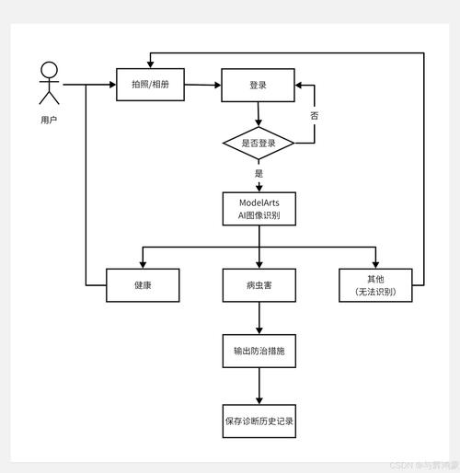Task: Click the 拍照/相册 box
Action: pyautogui.click(x=150, y=85)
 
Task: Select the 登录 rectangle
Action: pyautogui.click(x=258, y=85)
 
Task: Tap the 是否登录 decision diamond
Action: pyautogui.click(x=259, y=143)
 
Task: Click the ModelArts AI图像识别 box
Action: pyautogui.click(x=259, y=209)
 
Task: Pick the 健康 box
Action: pyautogui.click(x=143, y=285)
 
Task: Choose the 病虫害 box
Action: pyautogui.click(x=259, y=285)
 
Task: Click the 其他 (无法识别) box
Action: pyautogui.click(x=375, y=285)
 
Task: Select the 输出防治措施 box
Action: pyautogui.click(x=259, y=351)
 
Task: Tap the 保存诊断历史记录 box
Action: pyautogui.click(x=259, y=421)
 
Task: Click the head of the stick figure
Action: pyautogui.click(x=49, y=70)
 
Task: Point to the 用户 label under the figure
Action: pyautogui.click(x=49, y=120)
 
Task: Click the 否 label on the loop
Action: pyautogui.click(x=315, y=116)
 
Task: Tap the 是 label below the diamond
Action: pyautogui.click(x=259, y=173)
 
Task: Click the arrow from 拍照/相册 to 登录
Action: pyautogui.click(x=202, y=85)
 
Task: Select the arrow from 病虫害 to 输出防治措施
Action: pyautogui.click(x=259, y=318)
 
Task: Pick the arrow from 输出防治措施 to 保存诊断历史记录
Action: pyautogui.click(x=259, y=386)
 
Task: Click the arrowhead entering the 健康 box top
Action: pyautogui.click(x=143, y=265)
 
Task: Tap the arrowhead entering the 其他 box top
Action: pyautogui.click(x=375, y=265)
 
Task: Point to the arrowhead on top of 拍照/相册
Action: pyautogui.click(x=150, y=64)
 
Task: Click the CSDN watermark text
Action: pyautogui.click(x=424, y=466)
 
